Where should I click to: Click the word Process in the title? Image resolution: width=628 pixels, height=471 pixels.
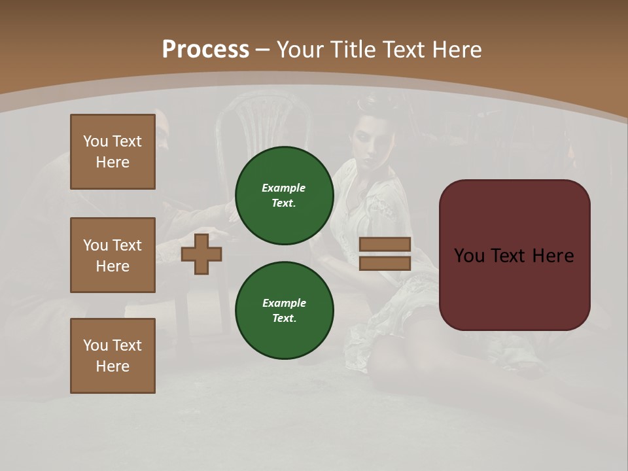point(205,50)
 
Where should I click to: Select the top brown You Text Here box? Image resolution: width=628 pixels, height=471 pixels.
point(113,152)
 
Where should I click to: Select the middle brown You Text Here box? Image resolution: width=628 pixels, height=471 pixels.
point(113,255)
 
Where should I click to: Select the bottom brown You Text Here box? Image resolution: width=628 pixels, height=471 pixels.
point(113,355)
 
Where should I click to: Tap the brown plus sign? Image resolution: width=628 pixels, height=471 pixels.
point(201,254)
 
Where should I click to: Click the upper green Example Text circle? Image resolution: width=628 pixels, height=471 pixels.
point(284,195)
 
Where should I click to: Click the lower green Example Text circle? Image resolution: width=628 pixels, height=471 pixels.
point(284,310)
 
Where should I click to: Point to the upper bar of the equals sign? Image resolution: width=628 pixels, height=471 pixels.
point(385,245)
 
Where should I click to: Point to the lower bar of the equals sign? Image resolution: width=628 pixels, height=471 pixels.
point(385,264)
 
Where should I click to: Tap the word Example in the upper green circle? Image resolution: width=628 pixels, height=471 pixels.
point(283,188)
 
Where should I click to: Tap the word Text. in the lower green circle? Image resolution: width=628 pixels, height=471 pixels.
point(284,319)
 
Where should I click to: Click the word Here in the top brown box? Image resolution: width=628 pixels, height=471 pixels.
point(113,162)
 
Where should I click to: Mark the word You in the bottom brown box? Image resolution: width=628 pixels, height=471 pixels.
point(95,345)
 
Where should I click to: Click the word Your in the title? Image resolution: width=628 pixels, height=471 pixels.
point(300,50)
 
